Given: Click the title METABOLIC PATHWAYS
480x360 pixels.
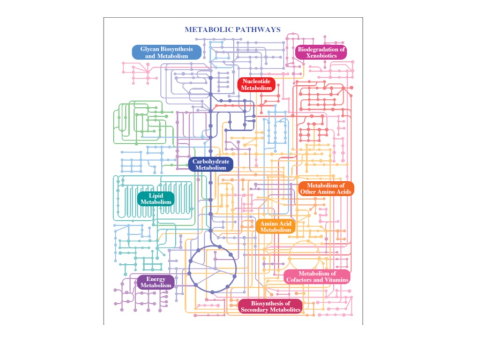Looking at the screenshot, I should pos(232,30).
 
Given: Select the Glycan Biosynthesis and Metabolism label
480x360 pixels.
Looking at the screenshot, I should pos(166,52).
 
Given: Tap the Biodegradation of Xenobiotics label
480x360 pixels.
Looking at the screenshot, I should pos(321,52).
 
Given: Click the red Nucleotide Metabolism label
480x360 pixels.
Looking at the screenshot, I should pos(256,84).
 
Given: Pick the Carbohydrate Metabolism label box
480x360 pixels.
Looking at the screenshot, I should pos(211,165).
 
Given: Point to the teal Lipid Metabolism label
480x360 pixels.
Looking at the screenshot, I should pos(156,199).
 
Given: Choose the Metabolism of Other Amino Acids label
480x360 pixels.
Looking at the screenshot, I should pos(326,188).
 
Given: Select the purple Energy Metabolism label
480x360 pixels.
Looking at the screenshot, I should pos(156,282).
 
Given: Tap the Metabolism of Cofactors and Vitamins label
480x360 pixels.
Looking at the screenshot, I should pos(317,277).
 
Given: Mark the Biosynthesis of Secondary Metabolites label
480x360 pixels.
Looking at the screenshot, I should pos(270,307).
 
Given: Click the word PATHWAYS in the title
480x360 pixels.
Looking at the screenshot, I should pos(258,30).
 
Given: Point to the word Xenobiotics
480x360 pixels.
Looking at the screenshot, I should pos(321,56).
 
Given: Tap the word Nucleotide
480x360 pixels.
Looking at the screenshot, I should pos(256,81).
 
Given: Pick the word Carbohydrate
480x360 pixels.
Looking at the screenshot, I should pos(211,161).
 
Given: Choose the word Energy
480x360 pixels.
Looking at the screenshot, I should pos(156,279).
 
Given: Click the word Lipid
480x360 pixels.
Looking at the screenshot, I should pos(156,195).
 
